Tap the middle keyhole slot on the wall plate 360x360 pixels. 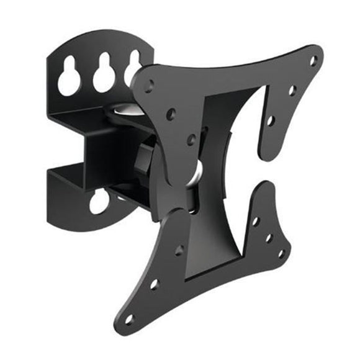[x=104, y=74]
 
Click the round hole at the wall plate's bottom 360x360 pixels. [x=99, y=202]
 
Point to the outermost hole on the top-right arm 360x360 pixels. [x=313, y=61]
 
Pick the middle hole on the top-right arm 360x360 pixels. [x=292, y=89]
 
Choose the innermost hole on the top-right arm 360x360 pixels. [x=270, y=122]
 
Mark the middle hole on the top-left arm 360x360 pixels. [x=171, y=114]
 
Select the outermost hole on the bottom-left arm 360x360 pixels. [x=129, y=318]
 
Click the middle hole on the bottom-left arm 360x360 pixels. [x=153, y=284]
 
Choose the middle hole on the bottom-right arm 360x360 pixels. [x=269, y=237]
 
